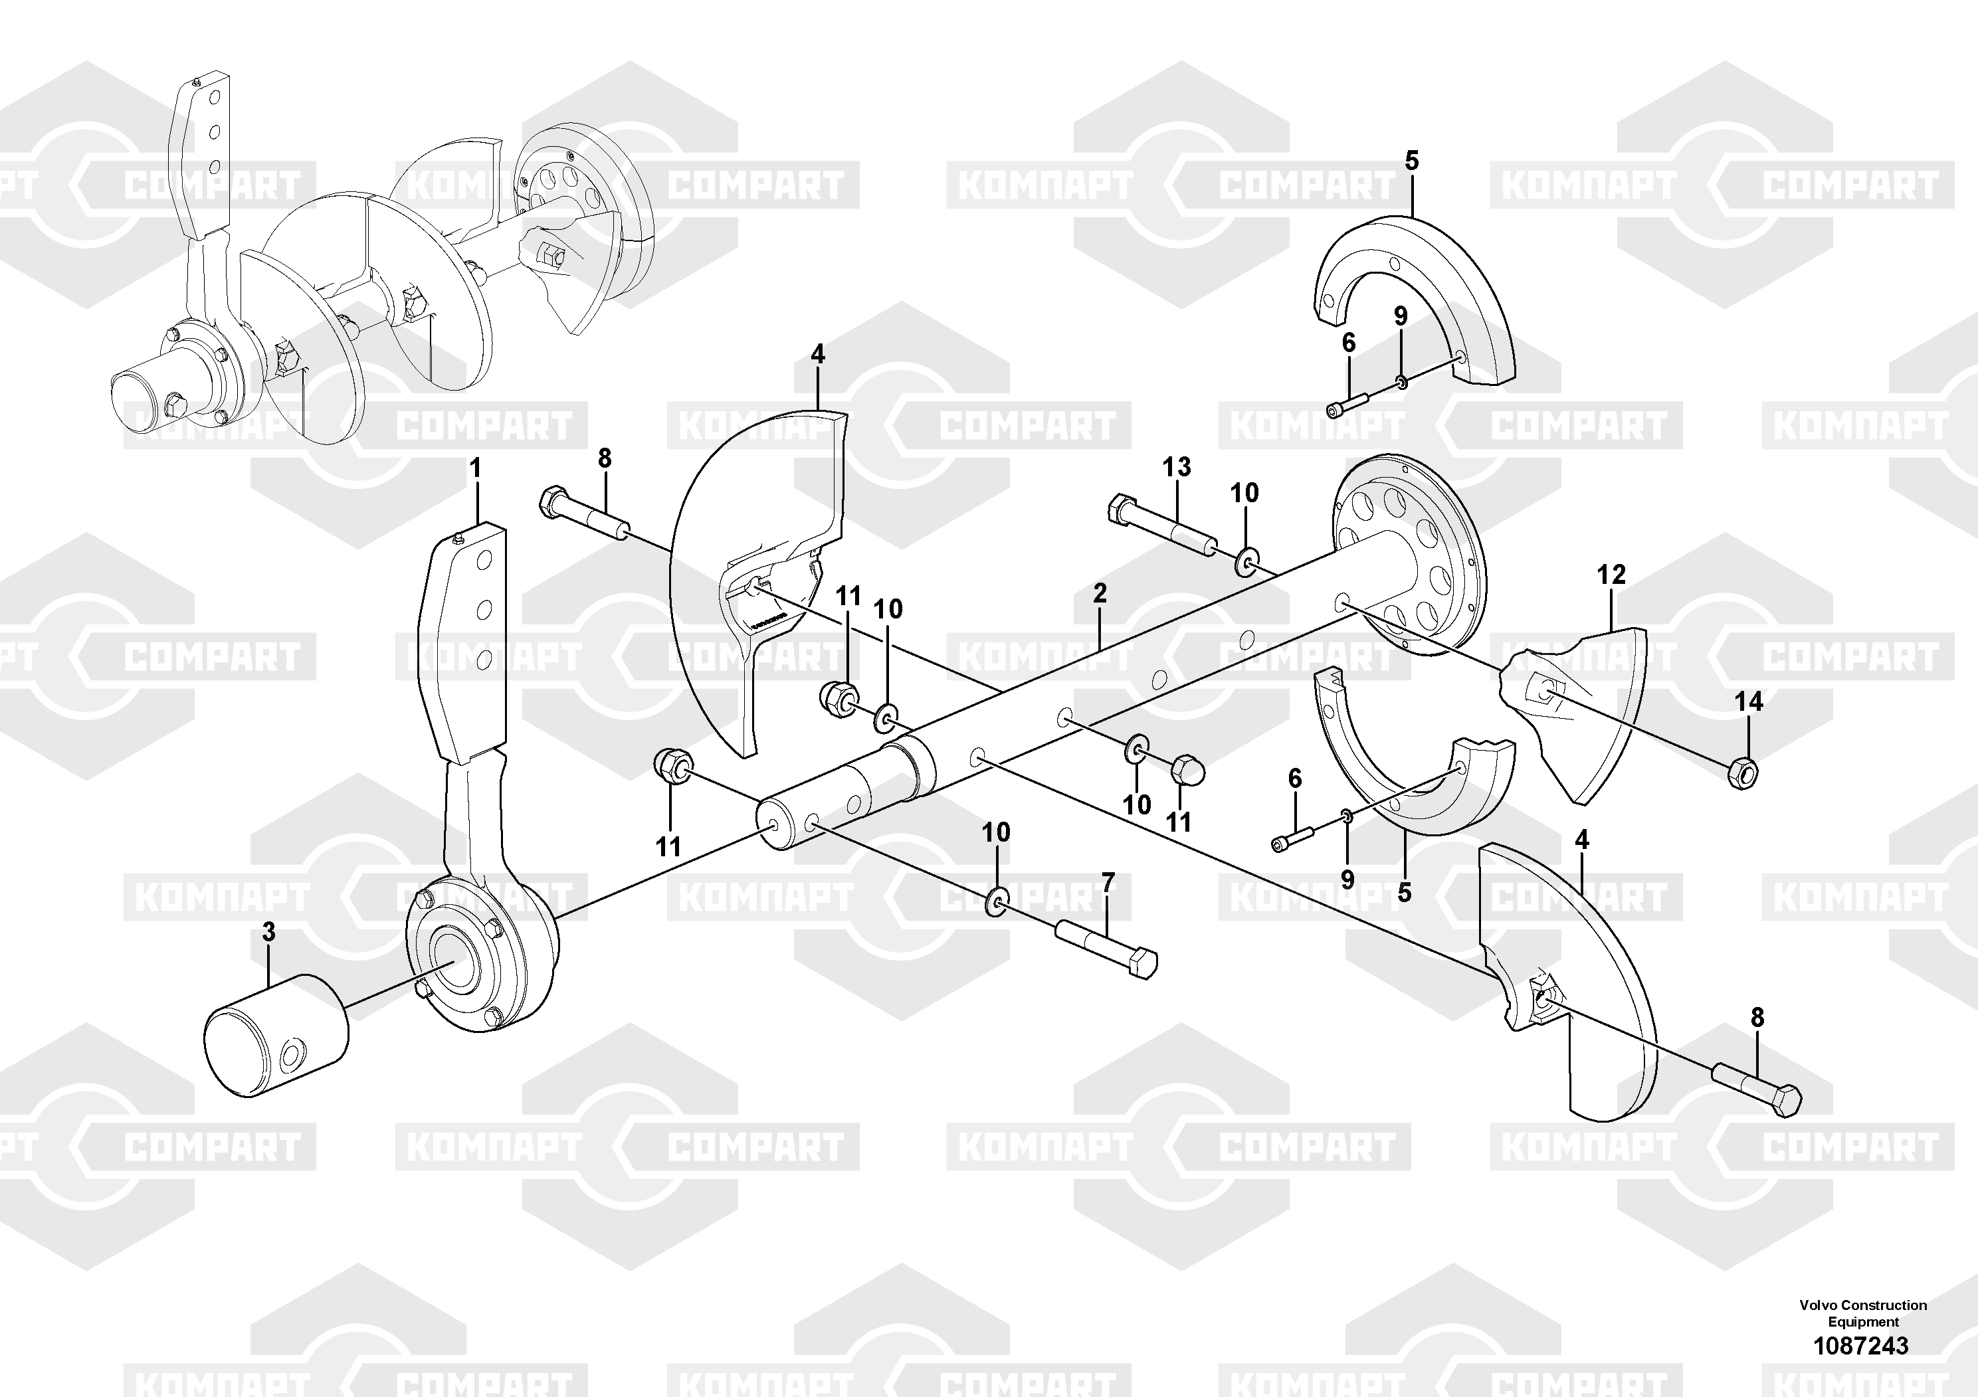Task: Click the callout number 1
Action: pos(474,470)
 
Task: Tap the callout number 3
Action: pos(269,932)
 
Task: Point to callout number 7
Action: pos(1108,882)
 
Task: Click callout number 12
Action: pos(1611,575)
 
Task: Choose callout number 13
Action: pos(1177,467)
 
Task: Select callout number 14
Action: pos(1749,702)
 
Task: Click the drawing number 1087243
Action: pos(1861,1345)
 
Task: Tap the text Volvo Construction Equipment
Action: pos(1862,1313)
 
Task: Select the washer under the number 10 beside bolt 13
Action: pos(1245,563)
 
